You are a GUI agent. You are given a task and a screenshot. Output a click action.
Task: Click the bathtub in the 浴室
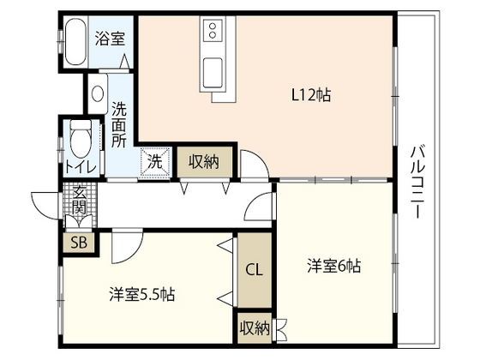click(x=75, y=42)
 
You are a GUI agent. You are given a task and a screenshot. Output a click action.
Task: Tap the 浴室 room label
click(x=110, y=39)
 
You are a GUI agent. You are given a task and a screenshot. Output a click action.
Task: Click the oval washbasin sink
click(x=98, y=93)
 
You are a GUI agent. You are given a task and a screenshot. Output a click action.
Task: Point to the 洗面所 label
click(x=119, y=124)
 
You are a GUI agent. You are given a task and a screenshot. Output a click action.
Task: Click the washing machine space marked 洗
click(x=155, y=162)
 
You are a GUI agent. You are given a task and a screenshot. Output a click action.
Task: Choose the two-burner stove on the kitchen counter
click(x=213, y=30)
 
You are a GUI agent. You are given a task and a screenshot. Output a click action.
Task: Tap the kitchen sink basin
click(x=213, y=73)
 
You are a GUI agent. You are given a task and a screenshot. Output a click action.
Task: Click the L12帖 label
click(x=310, y=95)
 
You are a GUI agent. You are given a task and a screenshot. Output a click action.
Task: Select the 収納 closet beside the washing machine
click(x=204, y=162)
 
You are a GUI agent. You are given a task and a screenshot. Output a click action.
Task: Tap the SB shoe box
click(x=79, y=243)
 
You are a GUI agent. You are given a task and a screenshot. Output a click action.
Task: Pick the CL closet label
click(x=255, y=270)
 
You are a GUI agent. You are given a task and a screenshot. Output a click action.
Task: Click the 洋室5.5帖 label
click(x=142, y=295)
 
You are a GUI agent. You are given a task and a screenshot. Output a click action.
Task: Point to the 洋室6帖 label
click(x=334, y=266)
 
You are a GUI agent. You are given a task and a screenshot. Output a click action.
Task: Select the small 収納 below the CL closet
click(x=255, y=328)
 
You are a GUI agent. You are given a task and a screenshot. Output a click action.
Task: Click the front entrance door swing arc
click(x=43, y=207)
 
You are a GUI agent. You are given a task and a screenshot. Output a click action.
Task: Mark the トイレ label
click(x=81, y=167)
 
